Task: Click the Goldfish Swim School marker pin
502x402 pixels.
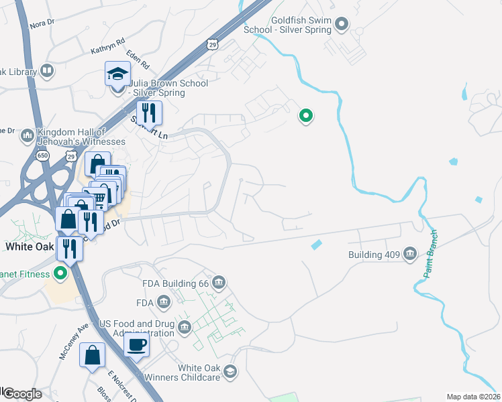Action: click(342, 25)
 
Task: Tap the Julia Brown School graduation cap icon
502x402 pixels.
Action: click(117, 74)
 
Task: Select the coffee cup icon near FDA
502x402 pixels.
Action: click(136, 345)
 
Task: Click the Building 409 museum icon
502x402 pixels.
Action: click(409, 254)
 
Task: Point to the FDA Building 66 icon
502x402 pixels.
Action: click(219, 283)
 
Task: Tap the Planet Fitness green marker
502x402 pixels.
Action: click(60, 273)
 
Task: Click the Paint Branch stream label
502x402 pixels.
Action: click(431, 254)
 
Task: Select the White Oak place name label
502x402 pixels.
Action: click(29, 246)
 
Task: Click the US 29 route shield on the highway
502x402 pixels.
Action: click(212, 44)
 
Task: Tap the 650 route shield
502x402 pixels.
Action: click(43, 155)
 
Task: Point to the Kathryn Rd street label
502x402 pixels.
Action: click(107, 46)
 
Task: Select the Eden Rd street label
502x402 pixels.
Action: click(138, 62)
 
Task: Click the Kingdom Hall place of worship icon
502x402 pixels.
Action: click(28, 136)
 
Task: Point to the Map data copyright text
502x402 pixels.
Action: click(474, 397)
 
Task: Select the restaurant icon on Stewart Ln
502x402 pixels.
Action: click(150, 113)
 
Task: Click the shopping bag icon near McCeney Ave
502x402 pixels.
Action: click(93, 355)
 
